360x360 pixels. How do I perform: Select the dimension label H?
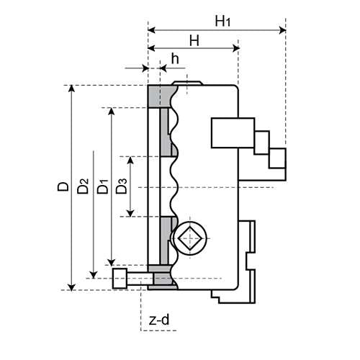pyautogui.click(x=194, y=41)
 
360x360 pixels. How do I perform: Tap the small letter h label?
pyautogui.click(x=175, y=59)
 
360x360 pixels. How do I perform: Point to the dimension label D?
pyautogui.click(x=63, y=187)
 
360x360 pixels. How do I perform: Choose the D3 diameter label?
pyautogui.click(x=122, y=187)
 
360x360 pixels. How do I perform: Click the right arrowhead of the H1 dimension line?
pyautogui.click(x=282, y=30)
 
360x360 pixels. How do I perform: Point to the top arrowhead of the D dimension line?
pyautogui.click(x=71, y=89)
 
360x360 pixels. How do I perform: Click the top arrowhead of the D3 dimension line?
pyautogui.click(x=130, y=159)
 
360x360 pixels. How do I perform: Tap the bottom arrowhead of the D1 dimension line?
pyautogui.click(x=111, y=261)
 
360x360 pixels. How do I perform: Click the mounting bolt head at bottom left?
pyautogui.click(x=121, y=278)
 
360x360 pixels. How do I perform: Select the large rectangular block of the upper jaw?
pyautogui.click(x=233, y=134)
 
